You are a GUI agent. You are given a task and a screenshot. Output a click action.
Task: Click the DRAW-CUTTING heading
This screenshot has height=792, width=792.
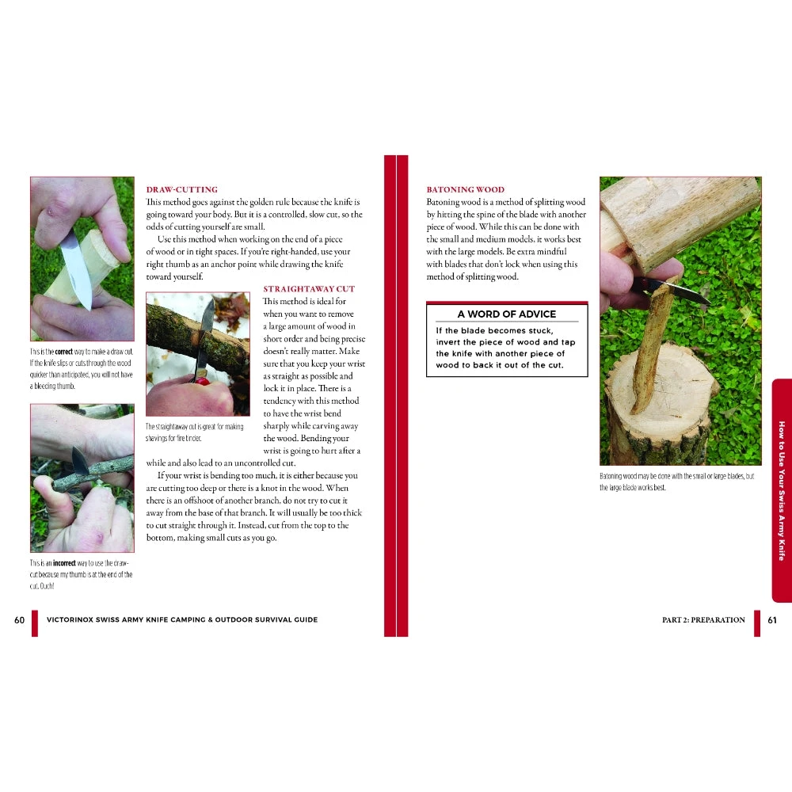[x=182, y=189]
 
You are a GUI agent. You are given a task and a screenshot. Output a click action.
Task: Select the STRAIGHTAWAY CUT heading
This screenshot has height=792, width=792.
[x=309, y=289]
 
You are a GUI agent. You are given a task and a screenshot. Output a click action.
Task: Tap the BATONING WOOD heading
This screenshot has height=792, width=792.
[x=465, y=189]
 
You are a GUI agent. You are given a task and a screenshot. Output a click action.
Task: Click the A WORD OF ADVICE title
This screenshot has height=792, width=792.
[x=507, y=314]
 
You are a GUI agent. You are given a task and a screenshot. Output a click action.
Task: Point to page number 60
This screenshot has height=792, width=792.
[x=19, y=620]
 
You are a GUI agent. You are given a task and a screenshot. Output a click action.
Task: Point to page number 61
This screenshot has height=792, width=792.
[x=772, y=620]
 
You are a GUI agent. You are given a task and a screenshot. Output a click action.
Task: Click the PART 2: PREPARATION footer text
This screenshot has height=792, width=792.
[x=703, y=620]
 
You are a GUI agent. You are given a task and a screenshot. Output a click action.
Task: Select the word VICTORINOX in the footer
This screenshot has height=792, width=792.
[x=70, y=620]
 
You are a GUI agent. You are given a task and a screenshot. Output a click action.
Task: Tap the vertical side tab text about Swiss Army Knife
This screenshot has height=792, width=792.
[x=782, y=491]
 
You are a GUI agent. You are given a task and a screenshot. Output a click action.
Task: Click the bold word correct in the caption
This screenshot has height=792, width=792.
[x=63, y=352]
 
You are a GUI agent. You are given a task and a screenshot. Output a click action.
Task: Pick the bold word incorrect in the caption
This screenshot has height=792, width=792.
[x=64, y=563]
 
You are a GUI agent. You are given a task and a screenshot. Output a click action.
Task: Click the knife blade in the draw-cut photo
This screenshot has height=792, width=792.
[x=76, y=272]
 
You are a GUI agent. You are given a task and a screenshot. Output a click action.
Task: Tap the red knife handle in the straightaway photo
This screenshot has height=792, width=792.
[x=203, y=382]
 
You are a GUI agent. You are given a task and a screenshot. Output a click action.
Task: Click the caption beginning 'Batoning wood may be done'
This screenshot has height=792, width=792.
[x=677, y=482]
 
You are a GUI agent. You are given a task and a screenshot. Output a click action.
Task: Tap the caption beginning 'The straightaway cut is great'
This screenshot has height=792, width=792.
[x=195, y=432]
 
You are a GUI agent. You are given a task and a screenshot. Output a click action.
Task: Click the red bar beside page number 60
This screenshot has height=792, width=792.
[x=34, y=623]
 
